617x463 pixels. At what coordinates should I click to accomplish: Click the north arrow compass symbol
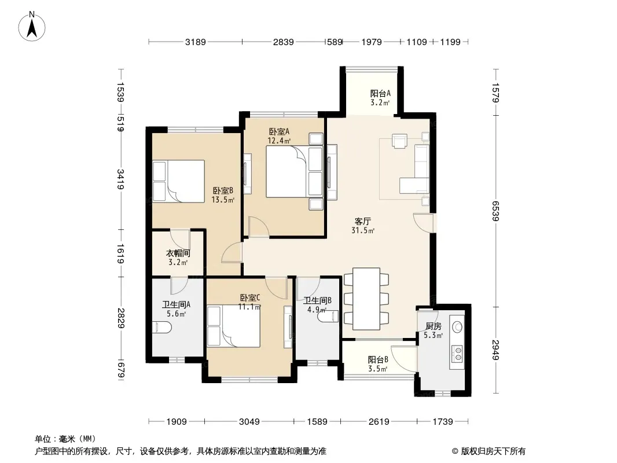pyautogui.click(x=31, y=27)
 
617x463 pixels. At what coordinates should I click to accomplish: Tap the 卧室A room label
pyautogui.click(x=279, y=132)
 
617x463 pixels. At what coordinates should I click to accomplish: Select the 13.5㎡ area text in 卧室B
pyautogui.click(x=223, y=200)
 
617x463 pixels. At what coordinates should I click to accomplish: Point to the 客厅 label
pyautogui.click(x=362, y=222)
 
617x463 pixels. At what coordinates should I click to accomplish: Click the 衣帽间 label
pyautogui.click(x=178, y=253)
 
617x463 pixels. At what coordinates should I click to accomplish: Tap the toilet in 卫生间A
pyautogui.click(x=161, y=328)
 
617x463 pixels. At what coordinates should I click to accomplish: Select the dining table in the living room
pyautogui.click(x=366, y=299)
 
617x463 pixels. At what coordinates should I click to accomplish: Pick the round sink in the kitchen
pyautogui.click(x=458, y=326)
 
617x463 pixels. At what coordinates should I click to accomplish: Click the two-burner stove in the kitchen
pyautogui.click(x=457, y=353)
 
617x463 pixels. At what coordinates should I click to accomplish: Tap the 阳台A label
pyautogui.click(x=380, y=94)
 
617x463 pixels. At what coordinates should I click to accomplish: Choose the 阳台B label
pyautogui.click(x=378, y=359)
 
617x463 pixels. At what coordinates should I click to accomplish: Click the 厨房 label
pyautogui.click(x=434, y=326)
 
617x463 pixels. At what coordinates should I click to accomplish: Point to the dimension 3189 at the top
pyautogui.click(x=196, y=42)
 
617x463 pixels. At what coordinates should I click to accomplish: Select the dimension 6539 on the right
pyautogui.click(x=495, y=211)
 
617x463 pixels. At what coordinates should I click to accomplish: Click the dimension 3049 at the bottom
pyautogui.click(x=249, y=422)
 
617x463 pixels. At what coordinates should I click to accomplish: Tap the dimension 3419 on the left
pyautogui.click(x=120, y=179)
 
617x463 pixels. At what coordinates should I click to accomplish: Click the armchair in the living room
pyautogui.click(x=399, y=141)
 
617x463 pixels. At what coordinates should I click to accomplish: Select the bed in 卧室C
pyautogui.click(x=234, y=327)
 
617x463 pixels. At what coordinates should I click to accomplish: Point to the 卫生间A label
pyautogui.click(x=177, y=304)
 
